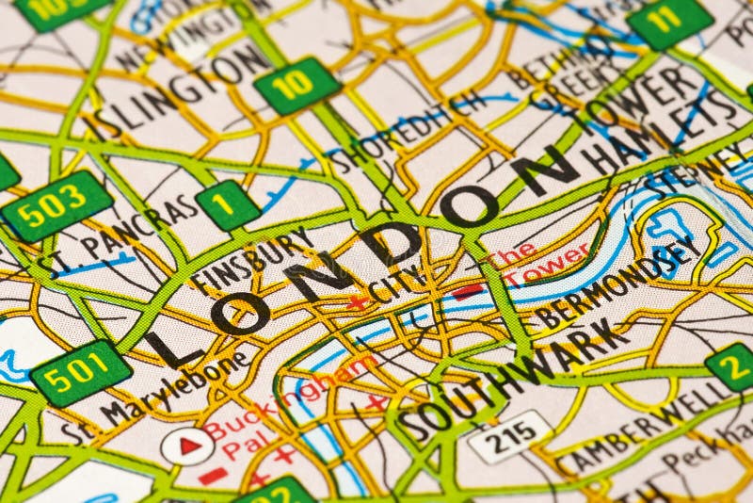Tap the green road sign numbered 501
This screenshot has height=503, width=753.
click(81, 372)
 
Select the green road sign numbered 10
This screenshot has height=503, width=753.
click(297, 86)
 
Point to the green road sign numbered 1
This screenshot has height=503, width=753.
click(228, 205)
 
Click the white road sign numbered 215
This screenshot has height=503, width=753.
click(510, 436)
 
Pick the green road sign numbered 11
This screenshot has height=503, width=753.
click(670, 20)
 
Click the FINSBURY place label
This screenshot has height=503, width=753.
click(252, 256)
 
